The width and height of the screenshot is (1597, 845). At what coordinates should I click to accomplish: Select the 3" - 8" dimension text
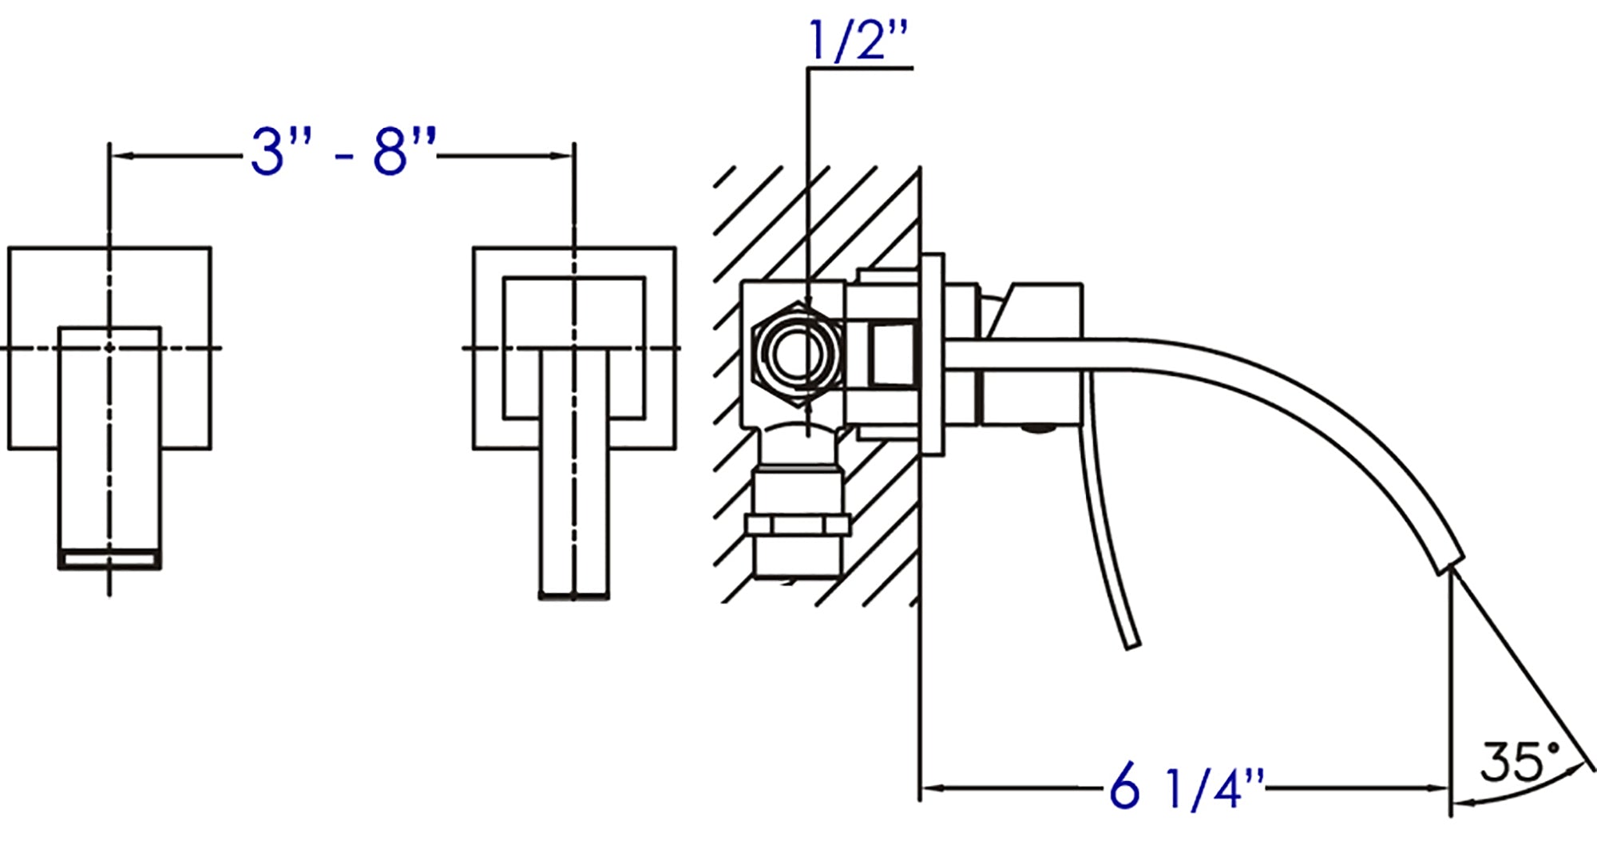[x=343, y=152]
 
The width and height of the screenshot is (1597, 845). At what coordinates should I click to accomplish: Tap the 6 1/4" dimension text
[x=1187, y=788]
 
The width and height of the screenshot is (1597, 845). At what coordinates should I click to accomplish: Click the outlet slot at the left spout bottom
[x=109, y=559]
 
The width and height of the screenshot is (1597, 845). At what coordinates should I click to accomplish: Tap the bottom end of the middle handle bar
[x=574, y=595]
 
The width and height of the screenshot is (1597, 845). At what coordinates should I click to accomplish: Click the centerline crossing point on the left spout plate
[x=109, y=347]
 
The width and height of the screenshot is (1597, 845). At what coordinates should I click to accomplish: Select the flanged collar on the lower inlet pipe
[x=796, y=525]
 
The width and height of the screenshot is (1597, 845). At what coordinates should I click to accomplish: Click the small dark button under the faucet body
[x=1037, y=429]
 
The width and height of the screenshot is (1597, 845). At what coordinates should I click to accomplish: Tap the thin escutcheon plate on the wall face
[x=932, y=355]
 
